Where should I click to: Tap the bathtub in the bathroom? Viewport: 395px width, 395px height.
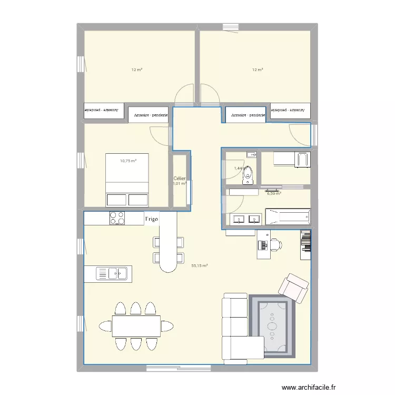tap(288, 216)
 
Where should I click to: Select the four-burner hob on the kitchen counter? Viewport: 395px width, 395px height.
tap(116, 217)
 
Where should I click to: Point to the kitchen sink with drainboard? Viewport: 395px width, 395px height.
tap(112, 273)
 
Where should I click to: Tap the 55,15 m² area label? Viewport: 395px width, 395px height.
tap(200, 266)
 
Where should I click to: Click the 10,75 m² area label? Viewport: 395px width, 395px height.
tap(128, 161)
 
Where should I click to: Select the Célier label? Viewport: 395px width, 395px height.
tap(179, 179)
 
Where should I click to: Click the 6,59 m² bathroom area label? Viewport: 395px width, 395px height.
tap(274, 193)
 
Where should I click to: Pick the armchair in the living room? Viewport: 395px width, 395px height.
tap(294, 288)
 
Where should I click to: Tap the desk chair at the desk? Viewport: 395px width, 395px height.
tap(275, 244)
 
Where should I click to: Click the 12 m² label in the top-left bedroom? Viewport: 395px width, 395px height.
tap(137, 70)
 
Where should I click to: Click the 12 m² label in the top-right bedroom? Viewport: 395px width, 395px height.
tap(257, 70)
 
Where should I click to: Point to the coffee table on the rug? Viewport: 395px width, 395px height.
tap(272, 324)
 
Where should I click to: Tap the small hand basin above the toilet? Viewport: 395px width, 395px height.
tap(251, 154)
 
